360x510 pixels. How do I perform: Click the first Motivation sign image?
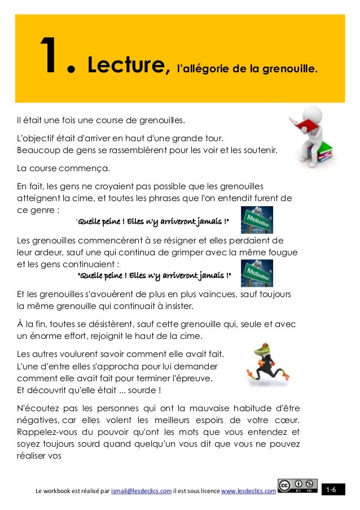[257, 220]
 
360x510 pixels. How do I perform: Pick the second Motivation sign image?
[257, 273]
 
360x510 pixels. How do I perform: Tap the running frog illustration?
[265, 366]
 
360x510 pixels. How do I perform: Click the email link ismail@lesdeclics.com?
[142, 491]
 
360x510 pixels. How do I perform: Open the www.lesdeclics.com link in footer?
[248, 491]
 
